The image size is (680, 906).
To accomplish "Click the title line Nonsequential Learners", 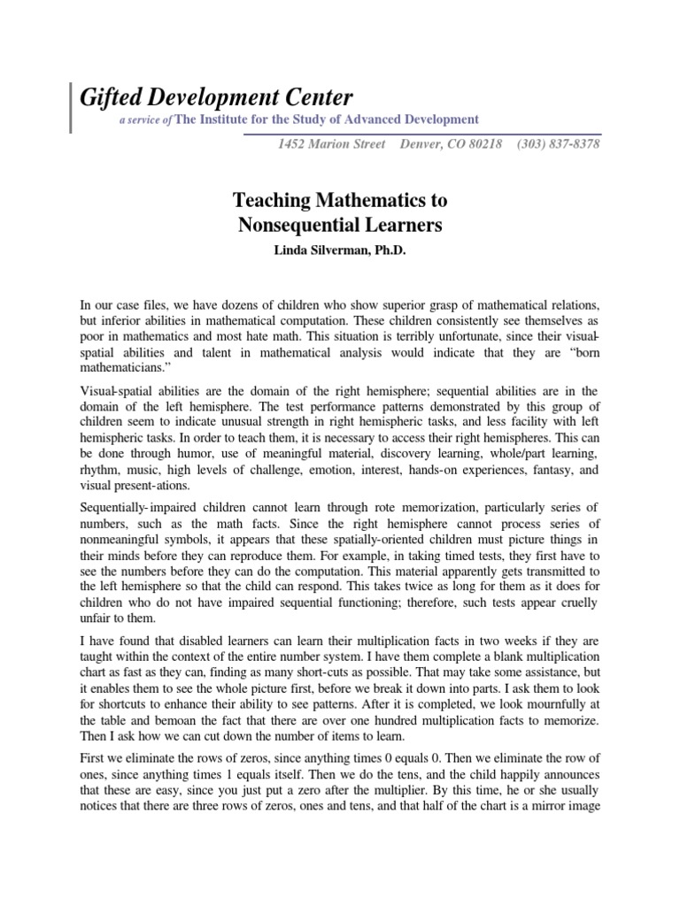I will click(340, 225).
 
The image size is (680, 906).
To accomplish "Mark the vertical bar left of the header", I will click(71, 106).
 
